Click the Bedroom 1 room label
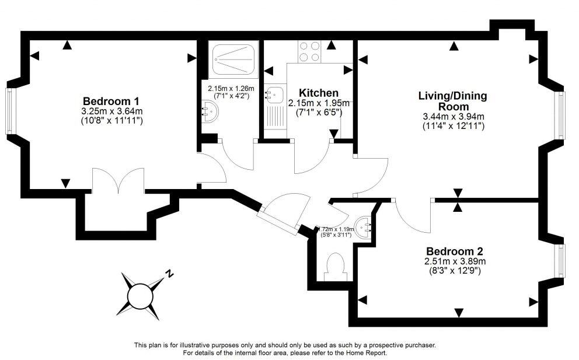110,100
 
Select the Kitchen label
318,93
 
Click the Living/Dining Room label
452,101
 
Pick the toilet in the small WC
336,265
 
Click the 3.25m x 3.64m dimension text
112,111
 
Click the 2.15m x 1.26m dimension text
232,89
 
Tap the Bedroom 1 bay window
9,110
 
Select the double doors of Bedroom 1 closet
118,181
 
